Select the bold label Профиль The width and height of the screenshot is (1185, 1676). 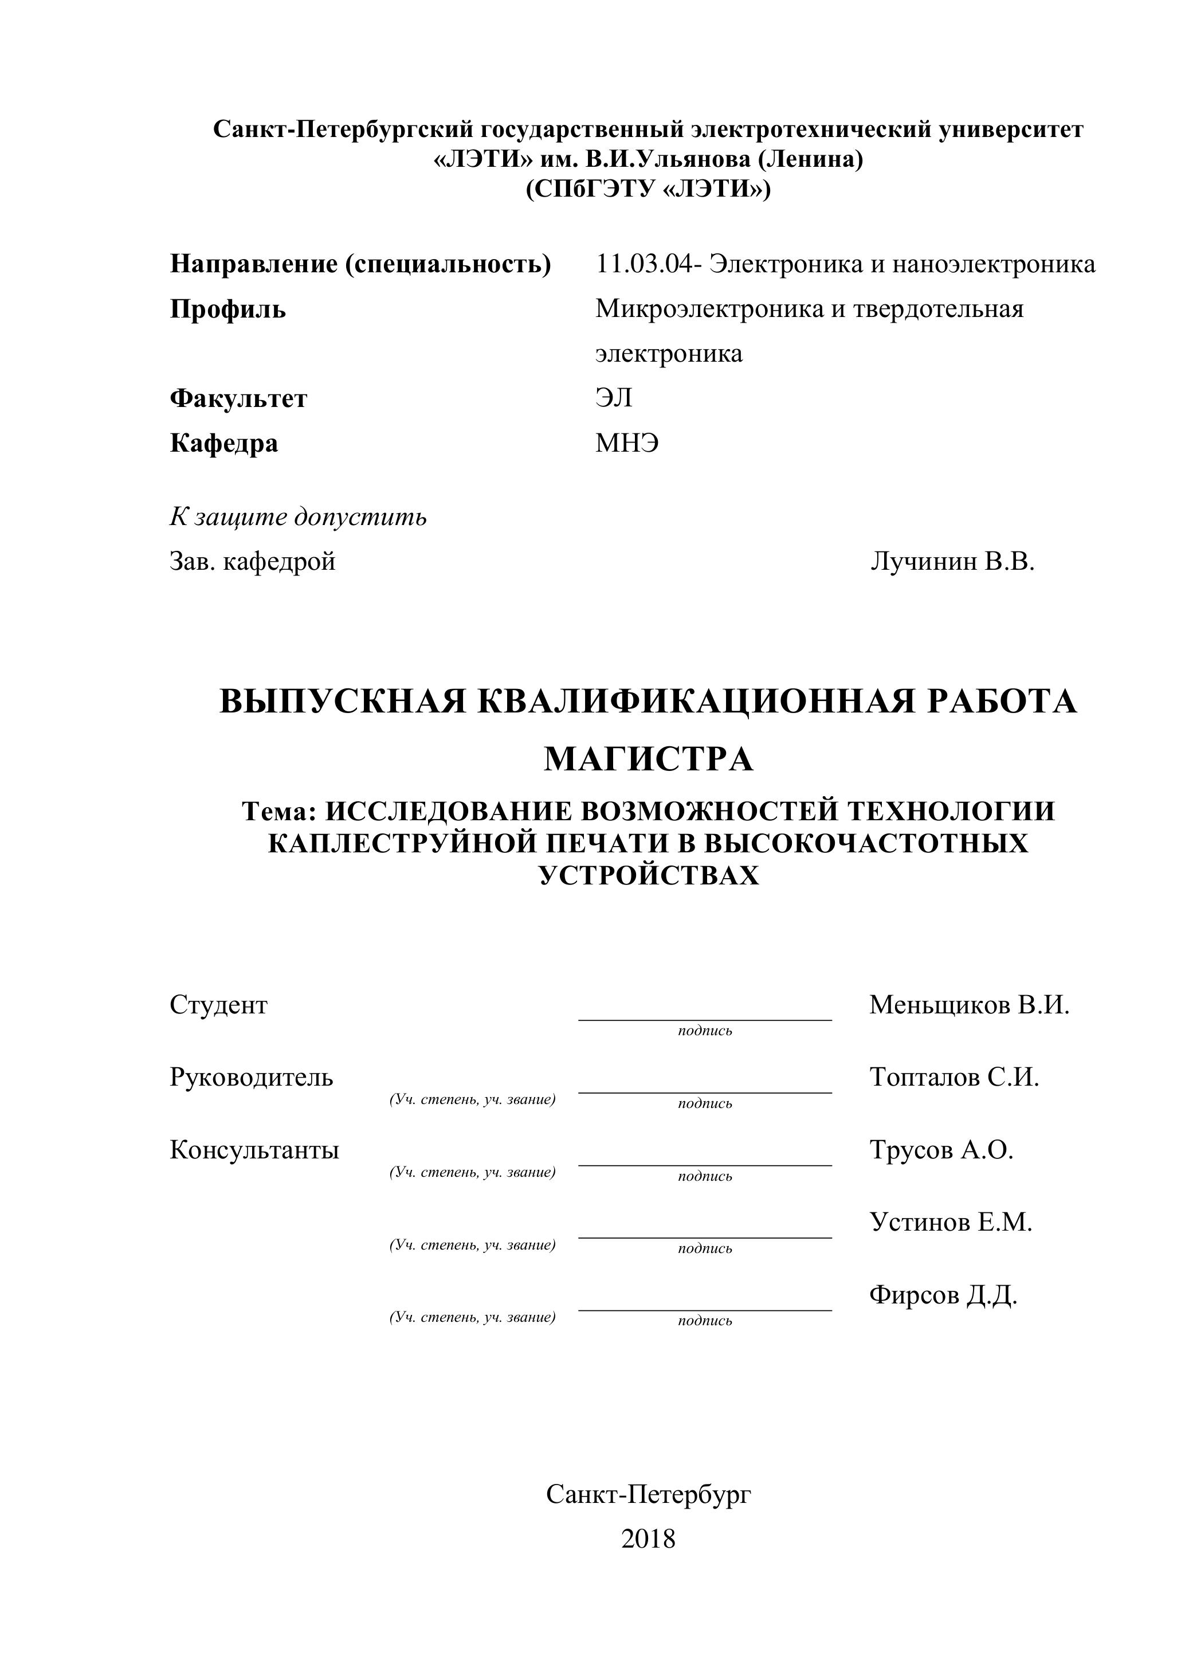pyautogui.click(x=227, y=309)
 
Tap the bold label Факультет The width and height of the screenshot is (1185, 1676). pyautogui.click(x=238, y=398)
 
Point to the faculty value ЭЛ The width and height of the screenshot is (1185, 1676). pyautogui.click(x=614, y=398)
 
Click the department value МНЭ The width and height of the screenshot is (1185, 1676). pyautogui.click(x=627, y=443)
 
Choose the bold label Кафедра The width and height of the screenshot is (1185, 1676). pyautogui.click(x=224, y=443)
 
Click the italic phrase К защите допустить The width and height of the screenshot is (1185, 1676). pyautogui.click(x=298, y=517)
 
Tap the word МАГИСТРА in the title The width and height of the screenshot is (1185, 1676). pyautogui.click(x=649, y=760)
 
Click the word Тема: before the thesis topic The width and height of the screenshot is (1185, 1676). pyautogui.click(x=280, y=811)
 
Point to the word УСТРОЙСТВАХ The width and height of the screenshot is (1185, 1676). pyautogui.click(x=649, y=875)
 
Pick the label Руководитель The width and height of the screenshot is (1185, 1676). pyautogui.click(x=251, y=1076)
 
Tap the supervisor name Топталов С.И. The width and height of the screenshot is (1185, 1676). pyautogui.click(x=954, y=1076)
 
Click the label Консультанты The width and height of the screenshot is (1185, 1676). pyautogui.click(x=254, y=1150)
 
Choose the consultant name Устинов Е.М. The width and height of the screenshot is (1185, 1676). pyautogui.click(x=951, y=1221)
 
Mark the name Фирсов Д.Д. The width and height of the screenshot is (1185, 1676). pyautogui.click(x=943, y=1295)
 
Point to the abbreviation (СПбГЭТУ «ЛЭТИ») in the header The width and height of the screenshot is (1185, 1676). pyautogui.click(x=648, y=189)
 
